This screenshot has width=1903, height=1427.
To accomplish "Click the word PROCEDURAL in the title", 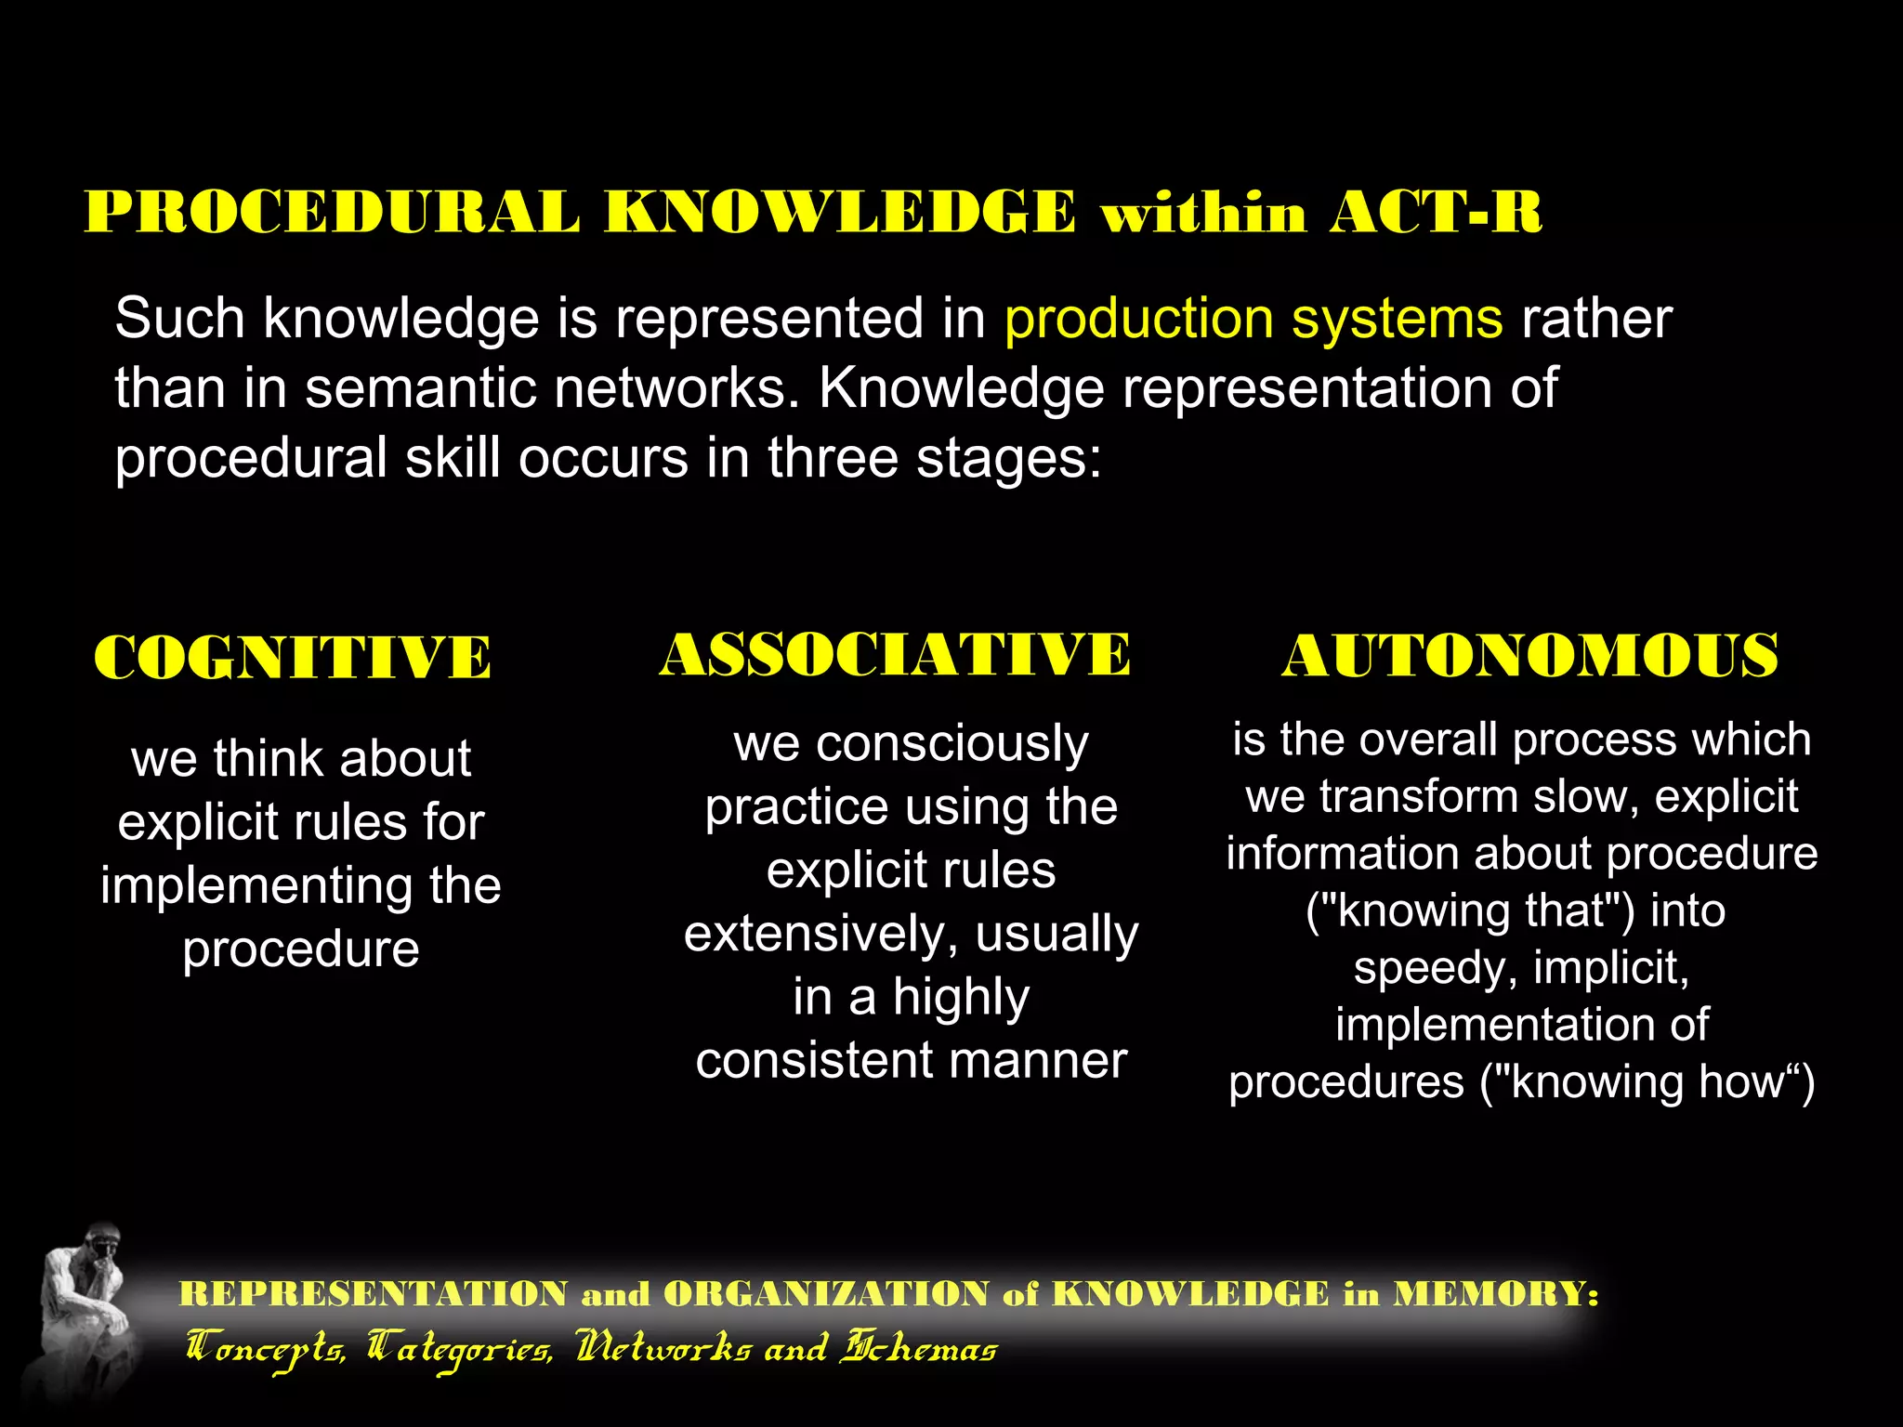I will [x=332, y=213].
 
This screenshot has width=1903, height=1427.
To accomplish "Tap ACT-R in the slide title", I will [x=1436, y=213].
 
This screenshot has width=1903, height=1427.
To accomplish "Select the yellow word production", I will [x=1137, y=319].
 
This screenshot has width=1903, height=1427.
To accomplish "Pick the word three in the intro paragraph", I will [x=833, y=458].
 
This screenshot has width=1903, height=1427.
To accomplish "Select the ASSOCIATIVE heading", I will [x=895, y=654].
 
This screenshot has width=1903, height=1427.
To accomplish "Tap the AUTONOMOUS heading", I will [x=1529, y=656].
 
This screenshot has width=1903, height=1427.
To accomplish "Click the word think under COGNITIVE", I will [x=268, y=758].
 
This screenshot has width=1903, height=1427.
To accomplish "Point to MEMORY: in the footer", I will [x=1495, y=1293].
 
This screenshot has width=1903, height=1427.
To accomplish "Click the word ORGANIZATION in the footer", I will [x=826, y=1293].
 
